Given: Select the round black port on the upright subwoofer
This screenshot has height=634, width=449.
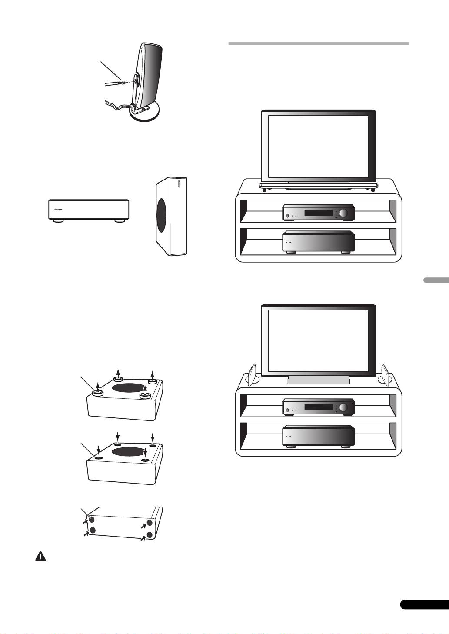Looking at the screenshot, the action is tap(161, 210).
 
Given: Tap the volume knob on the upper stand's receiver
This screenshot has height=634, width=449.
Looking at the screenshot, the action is tap(344, 213).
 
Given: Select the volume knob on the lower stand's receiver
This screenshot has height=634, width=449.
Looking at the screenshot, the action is tap(344, 407).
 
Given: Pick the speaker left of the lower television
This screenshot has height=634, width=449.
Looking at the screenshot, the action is tap(253, 374).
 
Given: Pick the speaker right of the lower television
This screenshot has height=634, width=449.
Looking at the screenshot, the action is tap(386, 374).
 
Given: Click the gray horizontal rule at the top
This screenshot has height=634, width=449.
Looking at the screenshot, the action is tap(318, 44).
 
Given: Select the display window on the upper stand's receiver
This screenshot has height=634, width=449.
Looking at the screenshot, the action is tap(319, 213).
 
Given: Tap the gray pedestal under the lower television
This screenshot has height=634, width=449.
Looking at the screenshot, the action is tap(319, 380).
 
